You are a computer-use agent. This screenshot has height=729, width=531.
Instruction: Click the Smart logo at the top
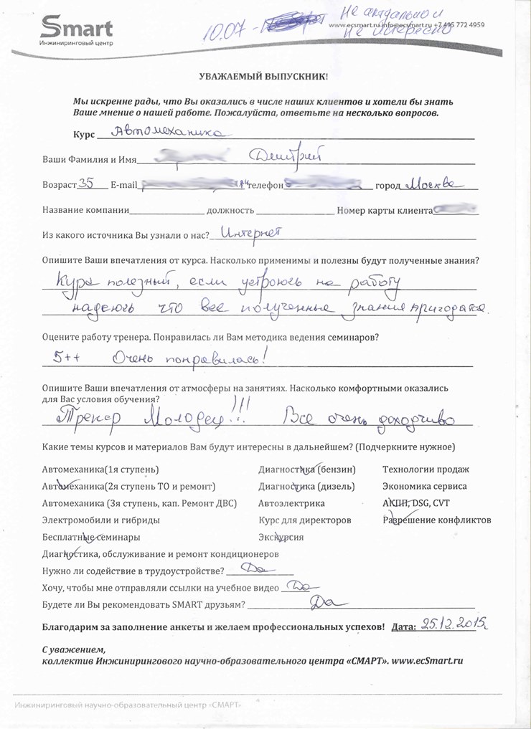tap(76, 30)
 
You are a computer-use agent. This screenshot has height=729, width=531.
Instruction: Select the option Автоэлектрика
tap(291, 503)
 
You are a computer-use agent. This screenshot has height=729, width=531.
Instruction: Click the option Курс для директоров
tap(305, 520)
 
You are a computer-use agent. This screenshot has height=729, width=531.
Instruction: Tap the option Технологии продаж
tap(426, 470)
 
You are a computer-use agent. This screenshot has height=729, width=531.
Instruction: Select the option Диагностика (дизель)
tap(306, 486)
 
